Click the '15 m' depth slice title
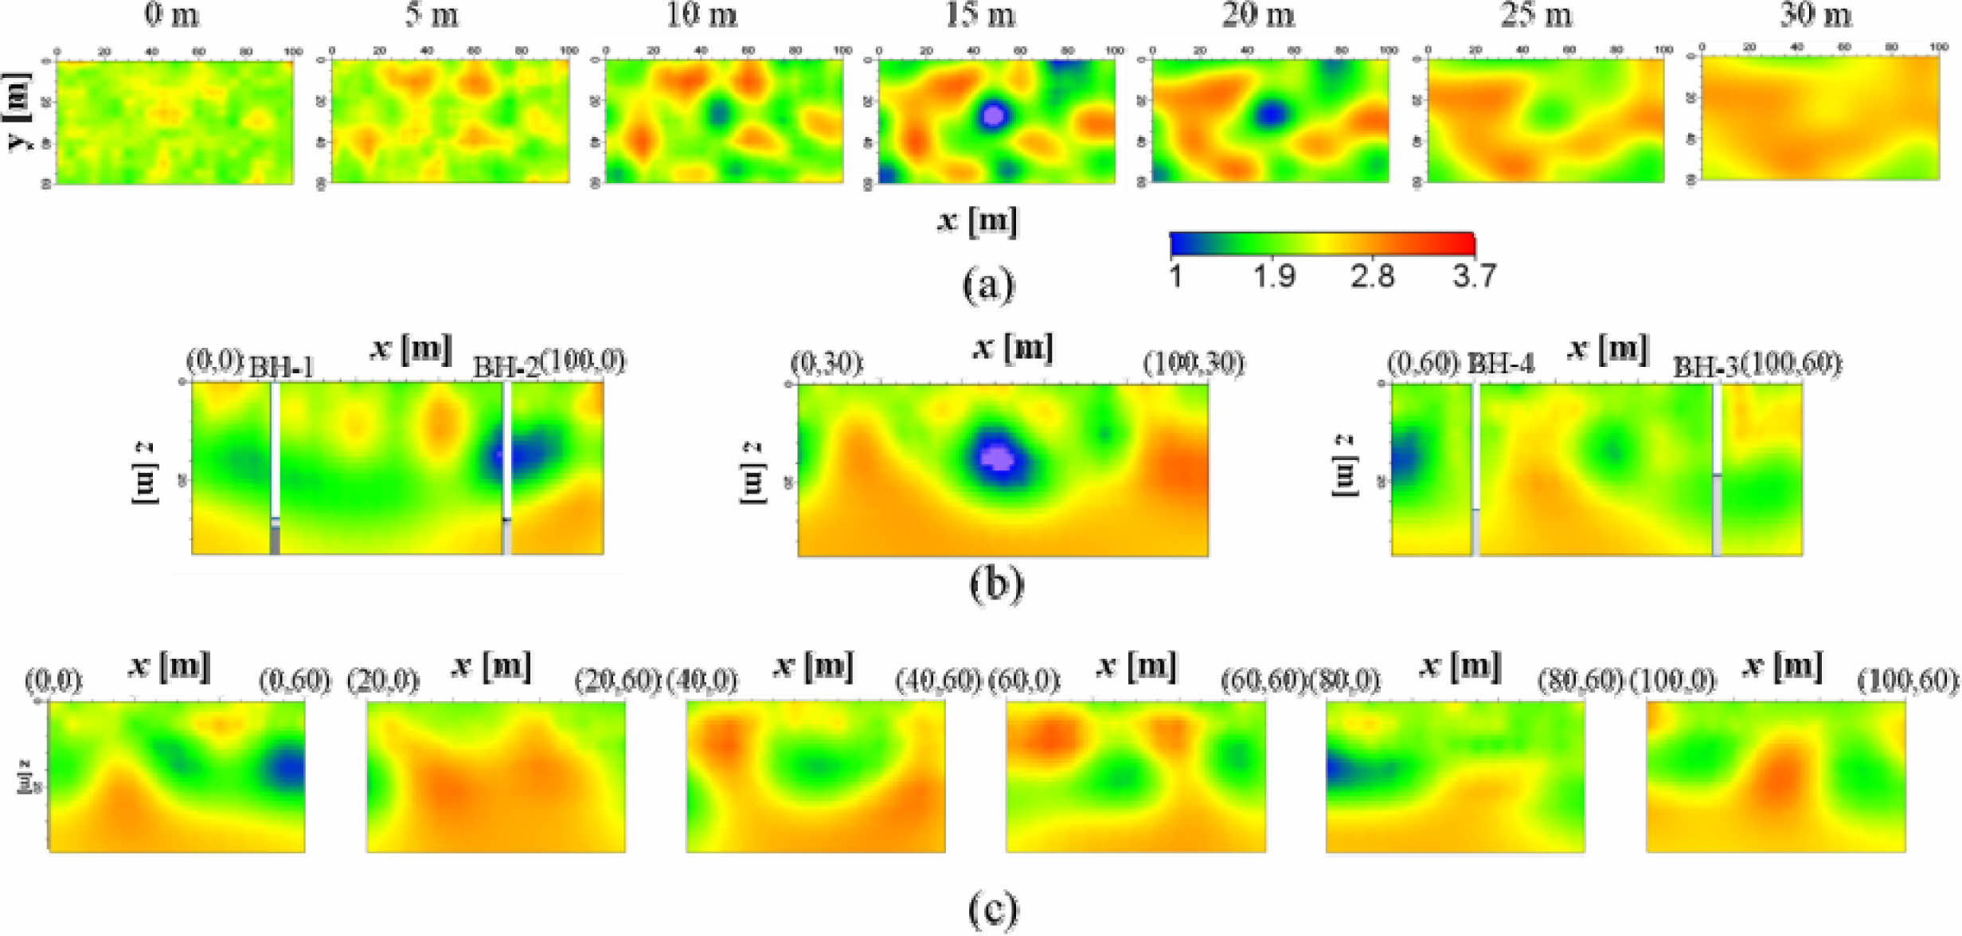(980, 15)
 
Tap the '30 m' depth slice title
(1815, 15)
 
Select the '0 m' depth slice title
(171, 15)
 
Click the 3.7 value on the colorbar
(1474, 276)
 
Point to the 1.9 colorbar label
(1274, 276)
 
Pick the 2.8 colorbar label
(1373, 276)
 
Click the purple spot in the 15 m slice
(993, 116)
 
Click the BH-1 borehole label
(282, 368)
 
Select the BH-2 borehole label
(506, 367)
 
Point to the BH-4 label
(1501, 365)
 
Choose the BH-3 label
(1706, 367)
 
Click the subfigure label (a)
(989, 285)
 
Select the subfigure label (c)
(993, 909)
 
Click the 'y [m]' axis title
(19, 111)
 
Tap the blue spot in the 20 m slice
(1272, 115)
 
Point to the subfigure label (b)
(996, 583)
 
